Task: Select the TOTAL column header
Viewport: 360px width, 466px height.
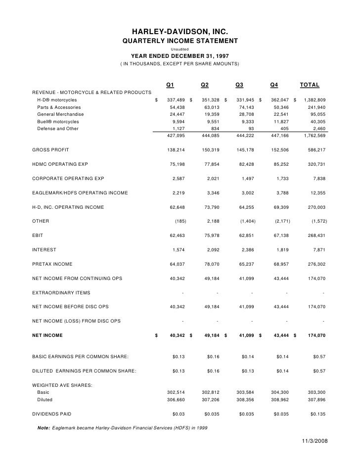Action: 310,84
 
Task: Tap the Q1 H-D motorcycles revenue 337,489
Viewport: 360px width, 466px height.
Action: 176,100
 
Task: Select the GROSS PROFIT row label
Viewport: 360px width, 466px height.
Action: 50,149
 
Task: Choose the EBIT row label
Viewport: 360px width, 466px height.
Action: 39,221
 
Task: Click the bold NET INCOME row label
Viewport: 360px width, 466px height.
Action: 47,335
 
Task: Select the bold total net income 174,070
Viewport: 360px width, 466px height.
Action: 314,335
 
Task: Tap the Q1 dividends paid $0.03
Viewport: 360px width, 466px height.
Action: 179,413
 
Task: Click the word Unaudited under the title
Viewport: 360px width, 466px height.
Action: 180,48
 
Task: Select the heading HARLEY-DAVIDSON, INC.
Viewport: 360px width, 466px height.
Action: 180,32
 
